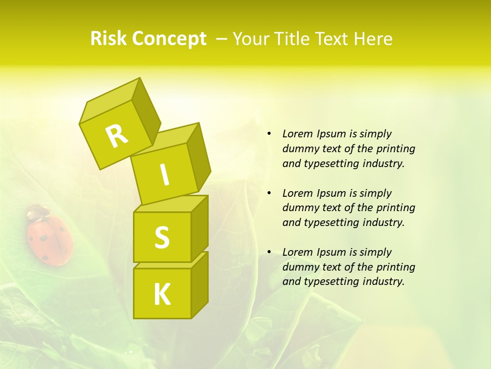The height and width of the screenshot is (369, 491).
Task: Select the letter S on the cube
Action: click(x=162, y=237)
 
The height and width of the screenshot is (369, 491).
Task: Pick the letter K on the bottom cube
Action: click(x=162, y=295)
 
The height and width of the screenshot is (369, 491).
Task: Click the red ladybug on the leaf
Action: click(x=49, y=239)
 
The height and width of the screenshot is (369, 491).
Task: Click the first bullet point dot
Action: click(x=269, y=134)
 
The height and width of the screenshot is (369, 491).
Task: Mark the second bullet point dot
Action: click(x=269, y=193)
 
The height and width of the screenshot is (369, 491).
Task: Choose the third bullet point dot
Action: click(x=269, y=252)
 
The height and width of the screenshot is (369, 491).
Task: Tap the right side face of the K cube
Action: click(x=199, y=284)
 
